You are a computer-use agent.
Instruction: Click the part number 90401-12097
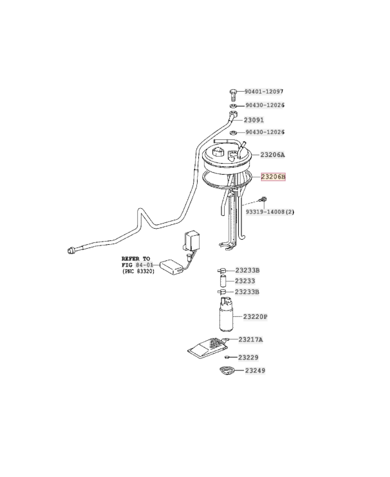264,92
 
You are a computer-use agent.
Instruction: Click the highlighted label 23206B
273,177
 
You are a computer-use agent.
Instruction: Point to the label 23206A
272,155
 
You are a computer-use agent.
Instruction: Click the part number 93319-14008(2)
270,212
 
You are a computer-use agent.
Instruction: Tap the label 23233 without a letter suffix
245,281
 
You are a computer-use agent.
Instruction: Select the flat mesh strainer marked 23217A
207,348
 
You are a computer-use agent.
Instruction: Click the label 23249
255,371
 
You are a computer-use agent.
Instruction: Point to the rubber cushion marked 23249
227,372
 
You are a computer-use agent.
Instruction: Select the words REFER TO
136,258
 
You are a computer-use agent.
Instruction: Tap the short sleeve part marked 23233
222,281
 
